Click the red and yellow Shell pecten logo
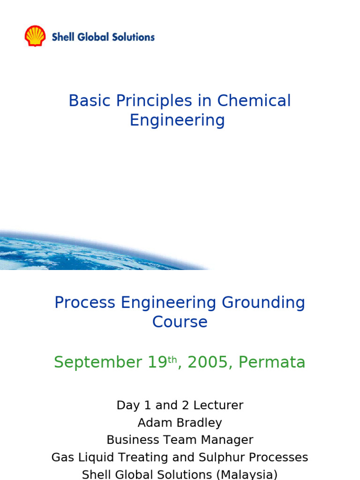point(35,36)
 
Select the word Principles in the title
point(150,101)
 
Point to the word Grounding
point(263,302)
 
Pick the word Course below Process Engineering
point(180,322)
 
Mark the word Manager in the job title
point(228,440)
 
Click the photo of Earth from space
point(94,251)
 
